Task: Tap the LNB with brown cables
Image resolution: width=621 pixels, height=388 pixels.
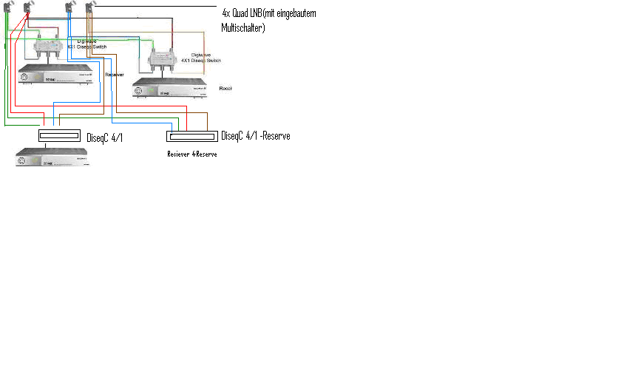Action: point(90,8)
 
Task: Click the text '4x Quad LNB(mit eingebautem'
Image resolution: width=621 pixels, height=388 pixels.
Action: point(273,13)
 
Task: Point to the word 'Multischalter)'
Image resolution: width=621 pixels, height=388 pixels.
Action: point(243,27)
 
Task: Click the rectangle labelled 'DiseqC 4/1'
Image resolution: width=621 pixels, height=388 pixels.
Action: point(59,136)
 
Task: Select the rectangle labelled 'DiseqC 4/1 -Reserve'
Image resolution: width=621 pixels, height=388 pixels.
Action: point(192,136)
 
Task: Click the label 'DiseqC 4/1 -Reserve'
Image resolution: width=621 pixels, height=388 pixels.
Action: point(255,135)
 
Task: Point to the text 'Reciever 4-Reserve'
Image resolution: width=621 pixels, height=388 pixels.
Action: point(192,154)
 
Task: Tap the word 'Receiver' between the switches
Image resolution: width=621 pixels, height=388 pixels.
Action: point(114,75)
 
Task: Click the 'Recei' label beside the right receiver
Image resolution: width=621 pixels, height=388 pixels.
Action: point(225,88)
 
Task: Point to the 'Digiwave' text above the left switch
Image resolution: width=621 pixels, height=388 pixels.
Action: point(87,41)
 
